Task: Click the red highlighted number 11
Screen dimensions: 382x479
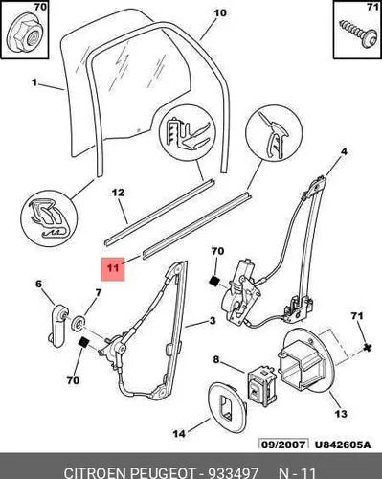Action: coord(113,267)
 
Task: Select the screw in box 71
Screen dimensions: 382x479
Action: coord(357,34)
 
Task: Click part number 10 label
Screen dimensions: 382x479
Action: coord(220,13)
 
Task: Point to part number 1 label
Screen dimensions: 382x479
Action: coord(34,82)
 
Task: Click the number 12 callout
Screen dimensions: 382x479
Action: coord(118,193)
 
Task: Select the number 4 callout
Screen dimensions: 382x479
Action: coord(344,151)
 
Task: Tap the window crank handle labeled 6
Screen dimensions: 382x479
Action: coord(58,326)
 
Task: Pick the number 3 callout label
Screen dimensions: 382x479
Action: coord(213,320)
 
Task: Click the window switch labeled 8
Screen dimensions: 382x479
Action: coord(261,386)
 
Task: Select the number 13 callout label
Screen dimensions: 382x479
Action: coord(341,414)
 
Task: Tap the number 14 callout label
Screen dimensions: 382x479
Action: coord(179,434)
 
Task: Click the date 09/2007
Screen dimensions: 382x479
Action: coord(283,445)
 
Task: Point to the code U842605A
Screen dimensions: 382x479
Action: coord(343,445)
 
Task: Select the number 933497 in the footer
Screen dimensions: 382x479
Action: coord(233,472)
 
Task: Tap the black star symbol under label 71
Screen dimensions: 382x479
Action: coord(368,347)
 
